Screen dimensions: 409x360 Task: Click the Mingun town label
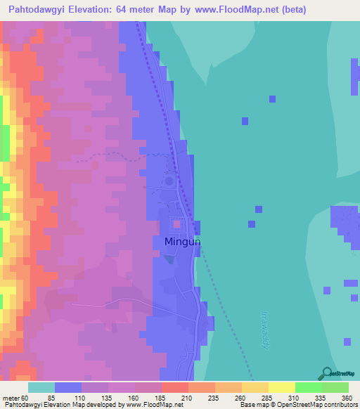[183, 242]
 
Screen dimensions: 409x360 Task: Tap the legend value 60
[25, 398]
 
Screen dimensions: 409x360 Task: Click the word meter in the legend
[11, 398]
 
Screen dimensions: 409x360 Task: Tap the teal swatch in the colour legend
[41, 387]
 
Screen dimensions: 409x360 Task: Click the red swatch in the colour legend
[175, 387]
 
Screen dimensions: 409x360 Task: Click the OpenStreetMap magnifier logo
[326, 373]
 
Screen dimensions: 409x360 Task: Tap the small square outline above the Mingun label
[176, 225]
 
